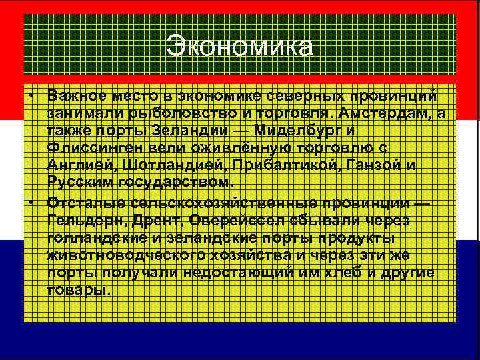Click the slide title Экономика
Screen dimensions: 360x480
(239, 47)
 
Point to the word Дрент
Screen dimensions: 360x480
(158, 220)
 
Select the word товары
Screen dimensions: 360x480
(77, 289)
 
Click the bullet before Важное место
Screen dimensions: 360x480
(31, 97)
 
